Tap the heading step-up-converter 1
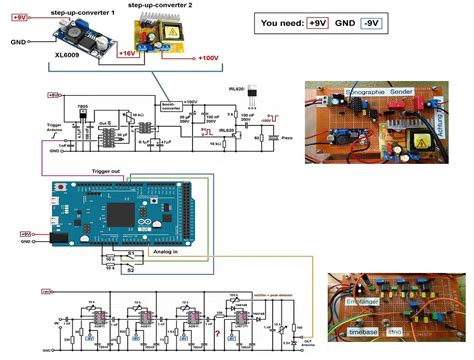click(x=70, y=6)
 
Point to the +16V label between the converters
click(x=128, y=52)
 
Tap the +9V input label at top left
click(x=19, y=18)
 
